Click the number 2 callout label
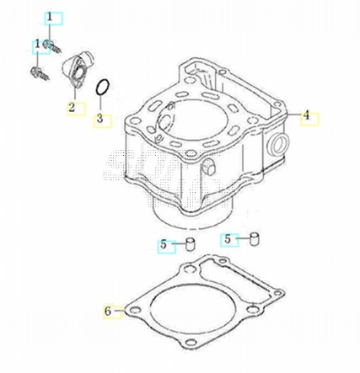point(72,108)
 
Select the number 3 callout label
point(99,119)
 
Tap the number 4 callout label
point(306,115)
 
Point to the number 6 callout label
point(108,312)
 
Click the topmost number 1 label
point(50,18)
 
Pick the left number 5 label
point(164,245)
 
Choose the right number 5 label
point(228,239)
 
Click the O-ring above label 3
point(102,88)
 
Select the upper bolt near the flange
point(52,46)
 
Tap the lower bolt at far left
point(40,73)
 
